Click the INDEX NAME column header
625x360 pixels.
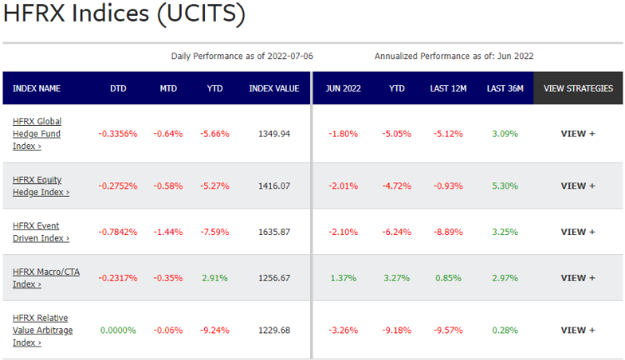(37, 88)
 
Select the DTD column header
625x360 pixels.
(118, 88)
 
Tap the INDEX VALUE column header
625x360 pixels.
(274, 88)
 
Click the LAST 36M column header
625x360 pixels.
(505, 88)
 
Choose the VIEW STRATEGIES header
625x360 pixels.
(578, 88)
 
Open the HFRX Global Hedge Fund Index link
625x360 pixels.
(37, 133)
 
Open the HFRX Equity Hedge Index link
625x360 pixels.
(41, 186)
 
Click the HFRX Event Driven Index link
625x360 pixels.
(41, 232)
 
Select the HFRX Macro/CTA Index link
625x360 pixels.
(46, 277)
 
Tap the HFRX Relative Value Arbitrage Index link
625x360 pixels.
(40, 330)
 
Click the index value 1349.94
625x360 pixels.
(274, 133)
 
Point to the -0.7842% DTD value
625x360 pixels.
(118, 232)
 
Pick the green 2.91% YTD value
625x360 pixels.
(215, 277)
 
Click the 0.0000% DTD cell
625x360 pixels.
(118, 330)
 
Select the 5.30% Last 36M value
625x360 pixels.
(505, 186)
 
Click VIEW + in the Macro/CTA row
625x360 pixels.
(578, 277)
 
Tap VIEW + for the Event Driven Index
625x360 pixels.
(578, 232)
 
